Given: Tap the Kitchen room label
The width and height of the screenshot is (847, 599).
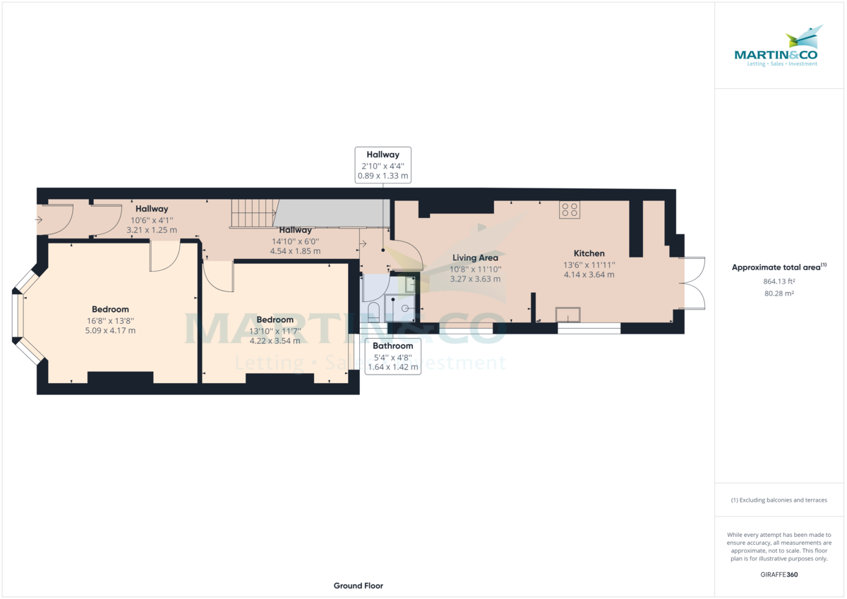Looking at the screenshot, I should (589, 253).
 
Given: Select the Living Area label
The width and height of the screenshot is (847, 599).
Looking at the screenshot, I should (475, 258).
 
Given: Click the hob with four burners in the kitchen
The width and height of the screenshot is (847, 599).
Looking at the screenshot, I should (569, 209).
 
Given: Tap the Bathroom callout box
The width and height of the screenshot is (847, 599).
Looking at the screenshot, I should (392, 356).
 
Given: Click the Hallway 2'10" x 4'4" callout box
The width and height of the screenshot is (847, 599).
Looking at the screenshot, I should (382, 165).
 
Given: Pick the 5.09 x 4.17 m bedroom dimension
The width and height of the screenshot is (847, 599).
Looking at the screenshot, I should (110, 330).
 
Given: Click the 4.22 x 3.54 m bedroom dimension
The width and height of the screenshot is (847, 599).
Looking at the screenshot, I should (274, 341).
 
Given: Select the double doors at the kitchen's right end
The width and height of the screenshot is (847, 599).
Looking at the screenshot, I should (693, 283).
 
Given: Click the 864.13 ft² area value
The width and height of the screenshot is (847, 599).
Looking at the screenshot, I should (780, 282).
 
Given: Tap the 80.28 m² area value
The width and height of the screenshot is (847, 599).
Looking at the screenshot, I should (780, 294).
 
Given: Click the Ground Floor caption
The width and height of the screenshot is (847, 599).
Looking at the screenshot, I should (358, 586).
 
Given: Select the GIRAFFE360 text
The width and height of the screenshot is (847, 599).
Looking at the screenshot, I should (780, 574).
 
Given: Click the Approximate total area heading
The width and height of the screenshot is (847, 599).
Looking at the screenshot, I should (779, 267).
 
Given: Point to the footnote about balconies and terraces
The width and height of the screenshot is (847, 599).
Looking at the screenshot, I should (780, 500).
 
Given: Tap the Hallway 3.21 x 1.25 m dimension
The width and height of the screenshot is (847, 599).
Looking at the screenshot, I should (151, 230).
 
